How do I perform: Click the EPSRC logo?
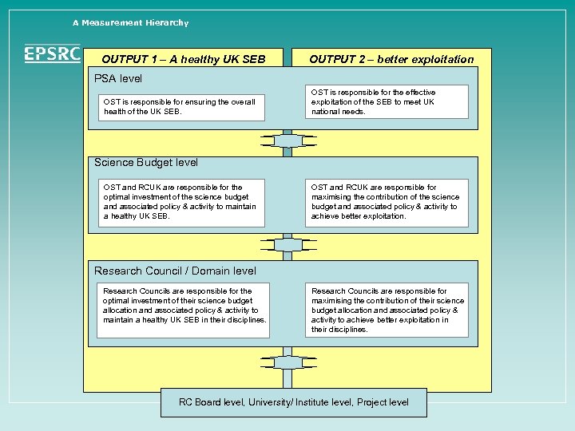[52, 53]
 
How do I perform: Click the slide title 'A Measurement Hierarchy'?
[130, 22]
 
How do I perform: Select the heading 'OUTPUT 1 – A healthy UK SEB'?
[183, 59]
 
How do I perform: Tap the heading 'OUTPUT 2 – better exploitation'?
[391, 59]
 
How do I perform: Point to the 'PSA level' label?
[118, 78]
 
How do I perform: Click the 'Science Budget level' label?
[146, 162]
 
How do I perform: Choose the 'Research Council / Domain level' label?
[175, 271]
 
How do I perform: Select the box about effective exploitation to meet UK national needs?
[387, 102]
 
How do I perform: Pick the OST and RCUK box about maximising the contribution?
[387, 202]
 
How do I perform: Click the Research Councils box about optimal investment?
[182, 306]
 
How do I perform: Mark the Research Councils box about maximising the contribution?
[387, 310]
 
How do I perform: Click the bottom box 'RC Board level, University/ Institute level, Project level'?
[293, 402]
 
